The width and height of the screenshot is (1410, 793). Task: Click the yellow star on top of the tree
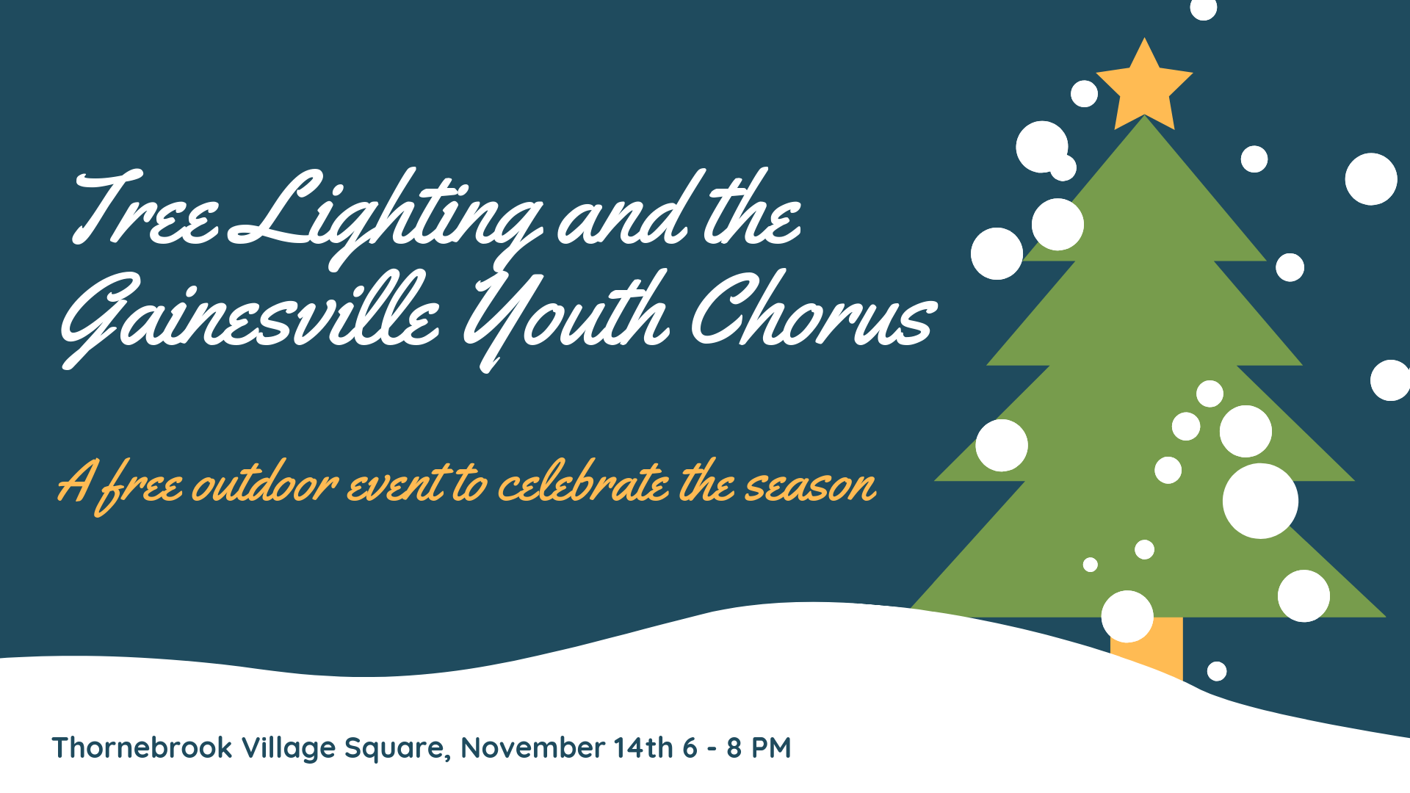[x=1144, y=87]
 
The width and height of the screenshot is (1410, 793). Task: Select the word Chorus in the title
[x=814, y=311]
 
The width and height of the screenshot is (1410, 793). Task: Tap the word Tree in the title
[x=145, y=209]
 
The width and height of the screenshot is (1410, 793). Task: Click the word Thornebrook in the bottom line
[x=142, y=747]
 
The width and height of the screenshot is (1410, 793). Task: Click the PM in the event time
[x=770, y=747]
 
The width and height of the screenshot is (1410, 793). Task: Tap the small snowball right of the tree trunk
[x=1217, y=671]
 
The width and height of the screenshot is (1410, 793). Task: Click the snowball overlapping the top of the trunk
[x=1127, y=617]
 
